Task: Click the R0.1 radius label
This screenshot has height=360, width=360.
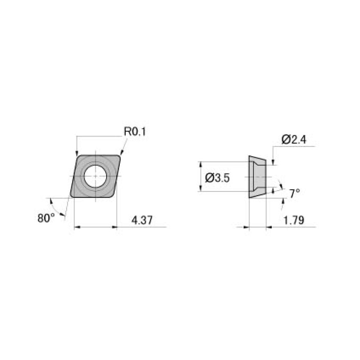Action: click(x=135, y=132)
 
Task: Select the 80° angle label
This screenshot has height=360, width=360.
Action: click(x=46, y=218)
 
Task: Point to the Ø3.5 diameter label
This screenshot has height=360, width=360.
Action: click(x=217, y=178)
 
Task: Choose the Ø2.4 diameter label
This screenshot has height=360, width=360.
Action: click(x=294, y=139)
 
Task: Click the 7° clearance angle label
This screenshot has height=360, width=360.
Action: click(x=294, y=193)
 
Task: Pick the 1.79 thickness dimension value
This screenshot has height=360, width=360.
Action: click(x=294, y=220)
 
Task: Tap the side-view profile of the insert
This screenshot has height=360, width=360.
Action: click(x=258, y=177)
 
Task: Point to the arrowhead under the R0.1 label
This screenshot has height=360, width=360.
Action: click(x=121, y=152)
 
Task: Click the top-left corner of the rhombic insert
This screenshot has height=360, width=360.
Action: click(x=78, y=156)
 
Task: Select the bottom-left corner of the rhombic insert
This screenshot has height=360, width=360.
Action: click(x=71, y=196)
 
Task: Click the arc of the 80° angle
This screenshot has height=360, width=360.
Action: click(x=55, y=205)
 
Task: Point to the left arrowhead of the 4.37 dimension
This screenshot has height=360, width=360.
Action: click(x=77, y=228)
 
